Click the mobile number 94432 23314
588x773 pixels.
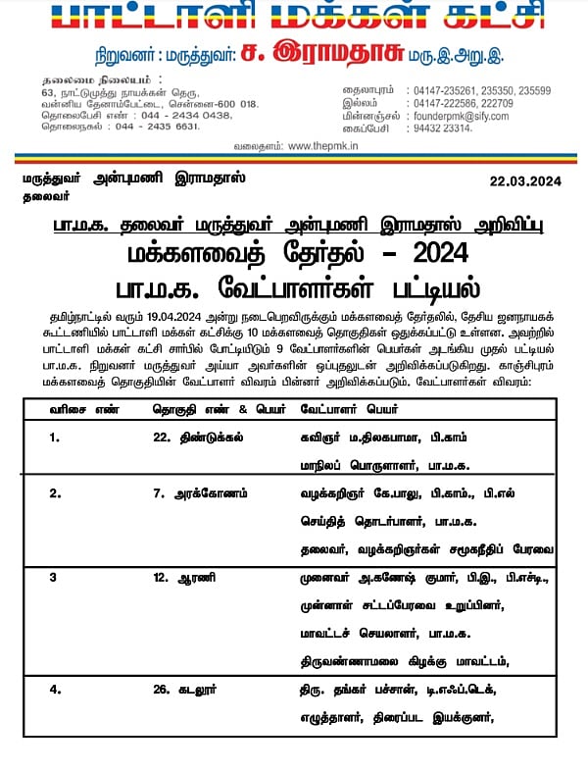click(442, 128)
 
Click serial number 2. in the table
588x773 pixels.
click(55, 493)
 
